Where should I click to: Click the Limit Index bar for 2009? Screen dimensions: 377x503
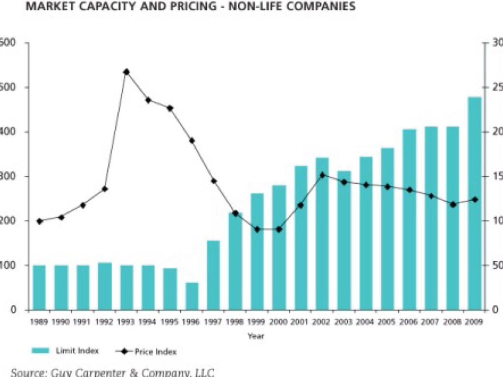click(475, 203)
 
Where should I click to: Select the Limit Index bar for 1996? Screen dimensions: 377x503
click(192, 296)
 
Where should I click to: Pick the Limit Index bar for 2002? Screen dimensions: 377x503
click(322, 234)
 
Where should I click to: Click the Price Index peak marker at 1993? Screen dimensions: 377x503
click(126, 72)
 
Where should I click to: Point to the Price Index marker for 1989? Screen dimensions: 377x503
click(39, 221)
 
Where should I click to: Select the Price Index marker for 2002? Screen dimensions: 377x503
click(322, 175)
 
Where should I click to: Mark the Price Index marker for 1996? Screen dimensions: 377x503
click(192, 140)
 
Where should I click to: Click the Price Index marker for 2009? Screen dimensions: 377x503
click(475, 199)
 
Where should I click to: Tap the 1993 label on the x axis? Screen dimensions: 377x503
click(126, 322)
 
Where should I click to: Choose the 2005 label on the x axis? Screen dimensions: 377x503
click(387, 322)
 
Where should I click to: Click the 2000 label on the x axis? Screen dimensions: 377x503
click(279, 322)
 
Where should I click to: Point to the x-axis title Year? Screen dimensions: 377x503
click(256, 336)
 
